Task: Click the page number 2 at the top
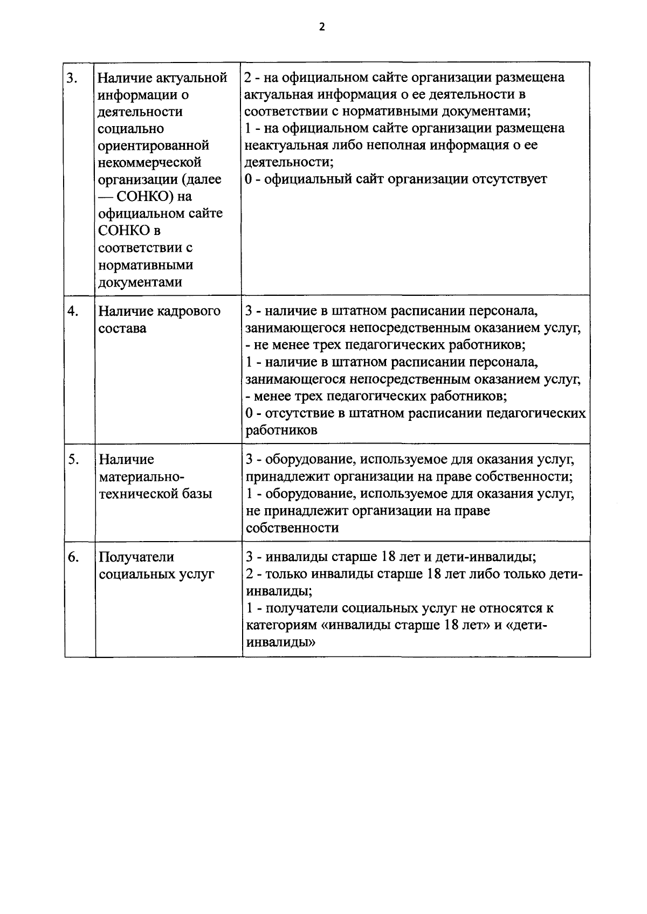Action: tap(322, 27)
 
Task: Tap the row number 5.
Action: tap(73, 460)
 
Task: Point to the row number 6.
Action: tap(73, 557)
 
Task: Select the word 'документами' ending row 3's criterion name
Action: tap(140, 282)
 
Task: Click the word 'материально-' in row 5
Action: tap(141, 477)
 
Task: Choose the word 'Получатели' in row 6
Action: tap(136, 557)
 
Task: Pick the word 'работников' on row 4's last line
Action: tap(281, 431)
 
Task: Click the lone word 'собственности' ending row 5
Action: tap(292, 528)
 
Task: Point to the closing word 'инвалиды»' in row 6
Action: tap(281, 643)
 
